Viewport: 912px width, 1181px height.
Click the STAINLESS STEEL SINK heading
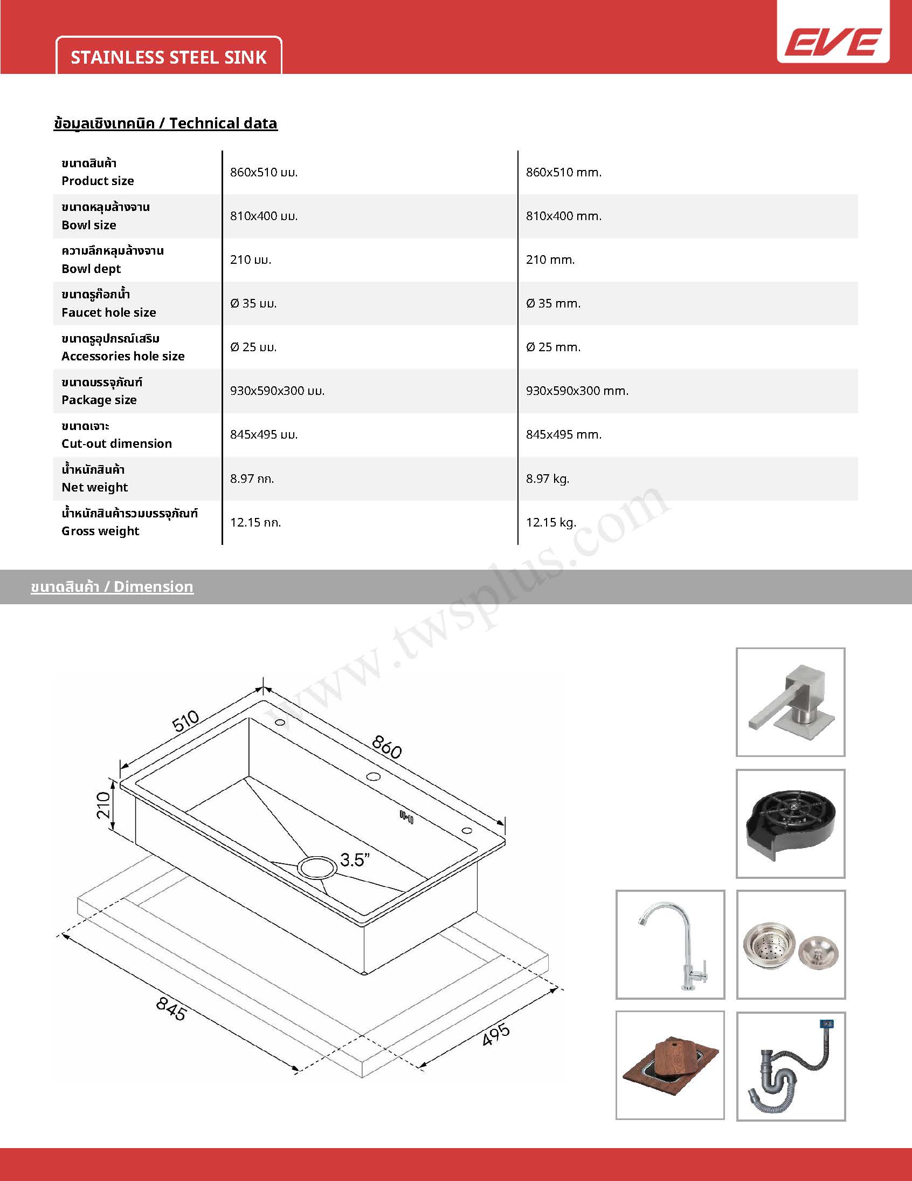pos(169,57)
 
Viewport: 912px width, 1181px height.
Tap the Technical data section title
pos(165,124)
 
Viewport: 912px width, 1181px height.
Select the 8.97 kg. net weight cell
pos(547,479)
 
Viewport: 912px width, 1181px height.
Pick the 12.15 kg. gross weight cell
pos(550,522)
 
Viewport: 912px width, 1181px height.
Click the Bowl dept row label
pos(91,269)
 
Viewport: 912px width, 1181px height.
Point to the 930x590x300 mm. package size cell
pos(577,391)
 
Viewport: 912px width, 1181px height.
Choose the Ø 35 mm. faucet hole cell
pos(552,303)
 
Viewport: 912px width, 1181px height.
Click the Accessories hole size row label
pos(123,357)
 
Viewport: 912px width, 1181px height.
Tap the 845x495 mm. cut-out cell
pos(563,435)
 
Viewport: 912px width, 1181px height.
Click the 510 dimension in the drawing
pos(186,721)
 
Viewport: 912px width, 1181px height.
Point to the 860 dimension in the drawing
pos(387,747)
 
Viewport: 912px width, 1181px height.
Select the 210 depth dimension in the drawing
pos(103,804)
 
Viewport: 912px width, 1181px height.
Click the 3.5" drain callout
pos(355,860)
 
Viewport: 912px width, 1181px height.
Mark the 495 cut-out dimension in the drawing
pos(495,1034)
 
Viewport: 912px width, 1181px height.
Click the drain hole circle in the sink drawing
pos(317,867)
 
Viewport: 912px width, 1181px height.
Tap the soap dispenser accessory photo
pos(790,702)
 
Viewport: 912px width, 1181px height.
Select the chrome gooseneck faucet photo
pos(670,945)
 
